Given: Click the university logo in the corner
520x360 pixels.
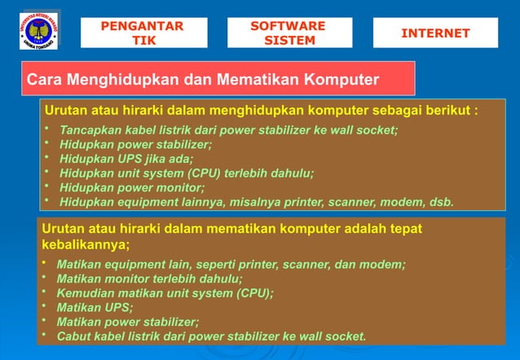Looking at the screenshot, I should tap(38, 31).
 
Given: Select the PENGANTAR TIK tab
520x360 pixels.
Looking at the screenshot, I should tap(143, 33).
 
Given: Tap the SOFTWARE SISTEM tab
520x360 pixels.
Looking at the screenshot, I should tap(289, 33).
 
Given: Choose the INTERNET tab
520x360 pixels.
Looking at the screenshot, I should tap(435, 33).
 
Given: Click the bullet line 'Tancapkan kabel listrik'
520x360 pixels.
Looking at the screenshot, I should tap(228, 130).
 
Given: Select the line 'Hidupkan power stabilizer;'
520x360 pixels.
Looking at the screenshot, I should tap(135, 144).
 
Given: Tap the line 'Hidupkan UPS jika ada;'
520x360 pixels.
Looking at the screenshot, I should tap(127, 159).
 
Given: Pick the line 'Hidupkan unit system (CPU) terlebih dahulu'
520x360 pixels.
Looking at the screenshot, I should tap(187, 173).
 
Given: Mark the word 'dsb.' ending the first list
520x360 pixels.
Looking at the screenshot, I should tap(439, 202).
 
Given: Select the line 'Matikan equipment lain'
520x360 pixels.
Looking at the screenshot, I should tap(230, 264).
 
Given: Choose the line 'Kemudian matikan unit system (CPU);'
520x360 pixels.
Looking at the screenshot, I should tap(165, 292).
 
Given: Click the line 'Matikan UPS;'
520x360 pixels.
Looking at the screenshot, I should tap(95, 307).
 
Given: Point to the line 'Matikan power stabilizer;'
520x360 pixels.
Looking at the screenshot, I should tap(127, 321).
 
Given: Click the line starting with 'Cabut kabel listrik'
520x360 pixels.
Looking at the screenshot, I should tap(211, 336).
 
